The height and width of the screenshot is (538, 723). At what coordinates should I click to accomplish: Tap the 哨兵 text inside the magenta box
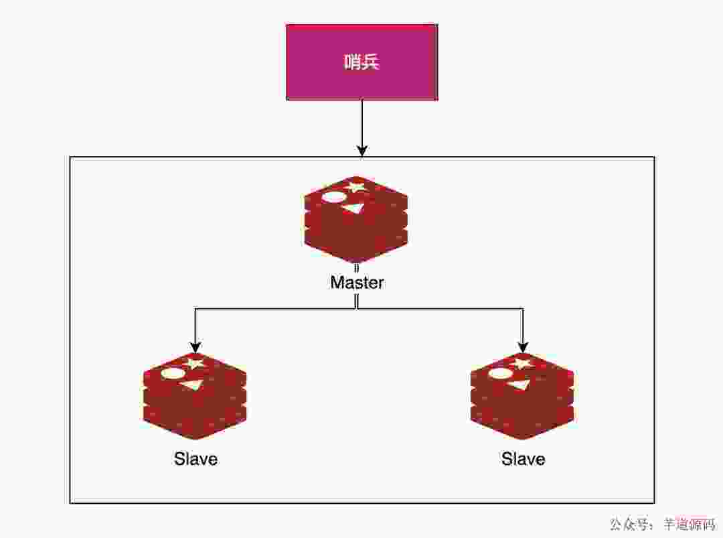361,62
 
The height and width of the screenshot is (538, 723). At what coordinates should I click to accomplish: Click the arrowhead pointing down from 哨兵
361,150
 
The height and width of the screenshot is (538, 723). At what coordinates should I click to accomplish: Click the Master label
357,282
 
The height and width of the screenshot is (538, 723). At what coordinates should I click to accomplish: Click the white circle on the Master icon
334,197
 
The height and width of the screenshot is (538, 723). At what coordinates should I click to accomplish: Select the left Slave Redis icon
195,396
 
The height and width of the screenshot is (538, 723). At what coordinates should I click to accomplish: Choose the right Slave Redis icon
522,396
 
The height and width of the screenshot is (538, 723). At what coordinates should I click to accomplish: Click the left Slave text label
195,459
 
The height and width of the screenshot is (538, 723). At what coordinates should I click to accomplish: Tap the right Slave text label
523,459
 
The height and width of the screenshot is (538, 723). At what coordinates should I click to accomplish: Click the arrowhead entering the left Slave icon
195,347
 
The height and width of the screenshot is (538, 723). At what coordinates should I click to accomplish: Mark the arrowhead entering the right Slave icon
522,347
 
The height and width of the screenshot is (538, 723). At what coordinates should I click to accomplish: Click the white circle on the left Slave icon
173,373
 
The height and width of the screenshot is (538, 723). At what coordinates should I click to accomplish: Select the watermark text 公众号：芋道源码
662,524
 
